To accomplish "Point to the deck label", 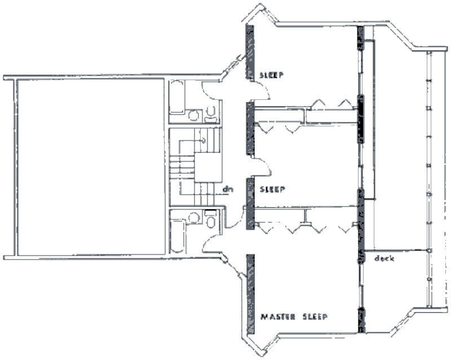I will [383, 259].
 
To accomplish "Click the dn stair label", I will [228, 190].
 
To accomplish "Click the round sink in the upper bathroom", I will [195, 115].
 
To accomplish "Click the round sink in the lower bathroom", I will [195, 217].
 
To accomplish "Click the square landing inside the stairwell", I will [207, 167].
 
